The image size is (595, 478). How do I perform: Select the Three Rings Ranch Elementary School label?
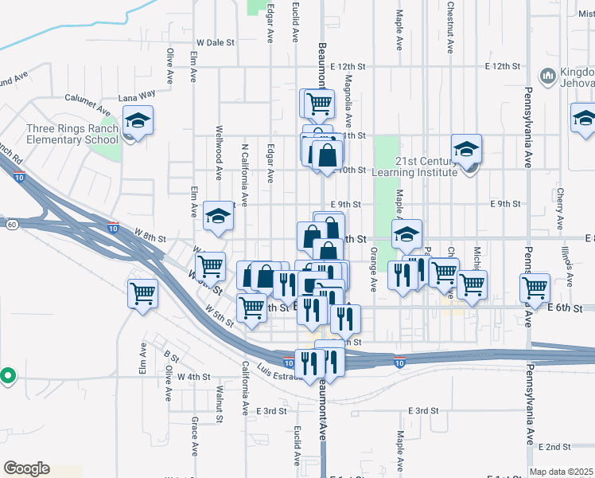[x=72, y=135]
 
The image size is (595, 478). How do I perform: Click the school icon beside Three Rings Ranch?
[x=138, y=121]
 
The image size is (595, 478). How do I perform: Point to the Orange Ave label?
[x=372, y=269]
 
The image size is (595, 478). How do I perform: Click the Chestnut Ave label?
[x=450, y=27]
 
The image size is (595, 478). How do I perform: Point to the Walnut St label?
[x=219, y=402]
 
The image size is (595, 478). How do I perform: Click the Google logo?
[x=26, y=468]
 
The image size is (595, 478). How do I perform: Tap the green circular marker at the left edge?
[x=7, y=374]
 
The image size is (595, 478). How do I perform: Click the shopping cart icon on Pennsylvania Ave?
[x=535, y=287]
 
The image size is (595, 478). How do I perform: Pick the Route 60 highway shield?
[x=12, y=225]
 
